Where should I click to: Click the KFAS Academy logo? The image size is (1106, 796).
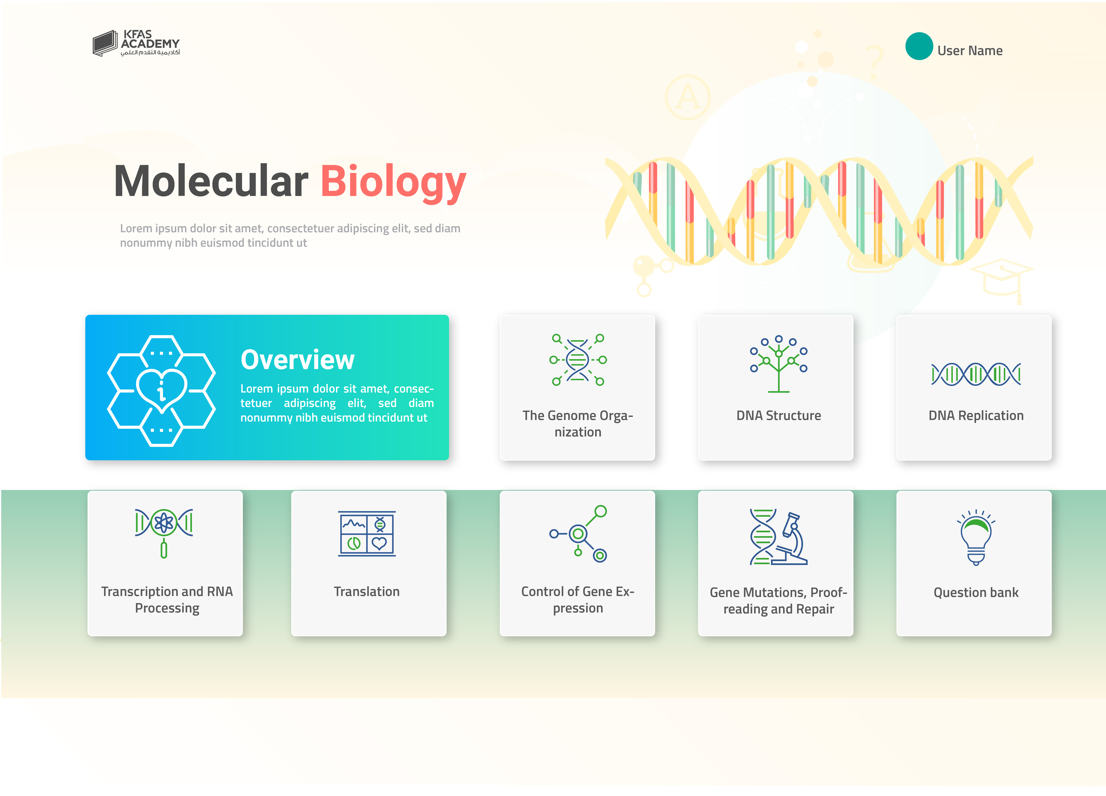136,43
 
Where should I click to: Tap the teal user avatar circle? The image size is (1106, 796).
919,46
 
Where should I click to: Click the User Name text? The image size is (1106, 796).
970,51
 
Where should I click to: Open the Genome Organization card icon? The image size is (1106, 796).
578,360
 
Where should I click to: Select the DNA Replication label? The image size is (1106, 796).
976,416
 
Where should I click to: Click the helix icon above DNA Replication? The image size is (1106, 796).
976,374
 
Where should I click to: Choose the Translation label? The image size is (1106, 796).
367,592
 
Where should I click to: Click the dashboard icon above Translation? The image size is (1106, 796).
367,534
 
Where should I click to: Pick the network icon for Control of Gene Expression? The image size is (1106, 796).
578,534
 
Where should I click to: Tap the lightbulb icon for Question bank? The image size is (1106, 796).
976,537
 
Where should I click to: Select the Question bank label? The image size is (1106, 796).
976,593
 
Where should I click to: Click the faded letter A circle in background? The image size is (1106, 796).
688,97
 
